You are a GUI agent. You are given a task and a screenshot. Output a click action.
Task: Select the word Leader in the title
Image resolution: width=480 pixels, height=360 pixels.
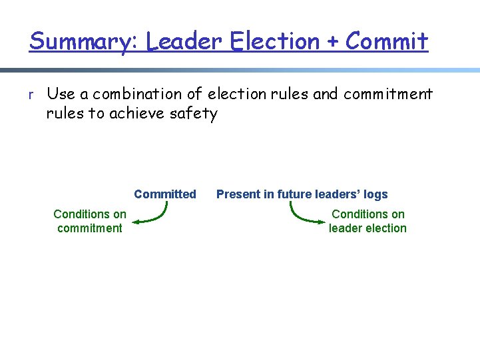[x=184, y=41]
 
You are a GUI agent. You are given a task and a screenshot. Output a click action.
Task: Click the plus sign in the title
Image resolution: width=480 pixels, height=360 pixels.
[x=333, y=42]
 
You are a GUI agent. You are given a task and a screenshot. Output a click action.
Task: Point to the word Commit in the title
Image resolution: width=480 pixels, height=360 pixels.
[x=387, y=41]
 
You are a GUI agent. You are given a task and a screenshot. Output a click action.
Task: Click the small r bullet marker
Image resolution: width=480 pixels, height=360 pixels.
[x=31, y=95]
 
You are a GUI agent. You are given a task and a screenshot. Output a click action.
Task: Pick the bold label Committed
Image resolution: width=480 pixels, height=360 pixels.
[x=164, y=194]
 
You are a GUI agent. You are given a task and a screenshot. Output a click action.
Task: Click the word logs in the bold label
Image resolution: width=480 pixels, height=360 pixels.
[x=375, y=194]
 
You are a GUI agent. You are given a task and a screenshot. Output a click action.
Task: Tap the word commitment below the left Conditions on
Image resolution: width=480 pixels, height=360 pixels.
[x=89, y=228]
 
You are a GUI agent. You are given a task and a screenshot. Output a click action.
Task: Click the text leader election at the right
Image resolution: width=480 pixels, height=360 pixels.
[x=367, y=228]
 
